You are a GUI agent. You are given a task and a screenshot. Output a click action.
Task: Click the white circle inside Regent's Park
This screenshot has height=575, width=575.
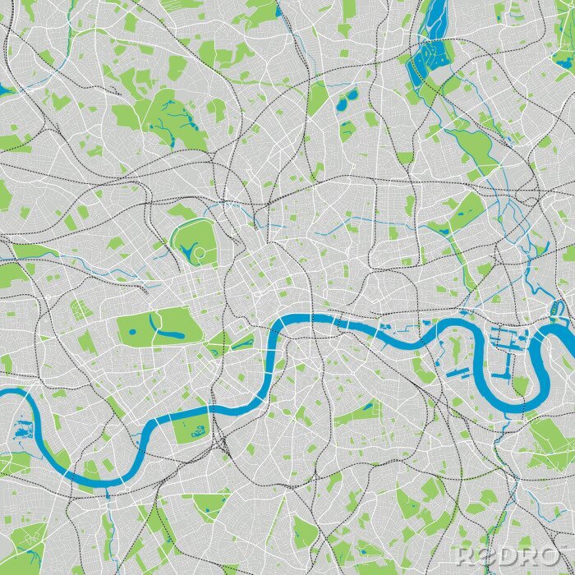click(x=197, y=254)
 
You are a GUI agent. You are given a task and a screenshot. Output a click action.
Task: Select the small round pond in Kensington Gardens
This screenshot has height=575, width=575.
click(x=131, y=332)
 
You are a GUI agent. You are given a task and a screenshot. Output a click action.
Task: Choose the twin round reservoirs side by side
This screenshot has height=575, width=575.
click(x=347, y=99)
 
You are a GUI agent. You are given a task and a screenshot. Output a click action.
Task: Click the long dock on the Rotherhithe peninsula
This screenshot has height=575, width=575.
click(x=457, y=372)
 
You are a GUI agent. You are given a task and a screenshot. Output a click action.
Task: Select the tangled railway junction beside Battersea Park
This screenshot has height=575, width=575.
click(x=222, y=444)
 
